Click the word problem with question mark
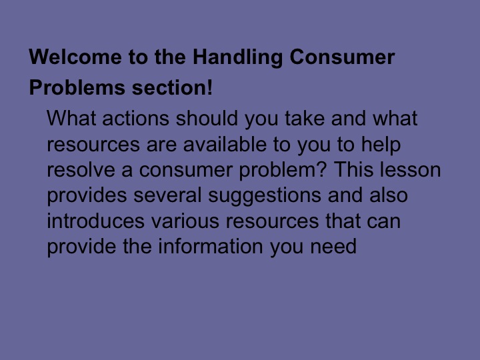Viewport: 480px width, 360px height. pyautogui.click(x=285, y=171)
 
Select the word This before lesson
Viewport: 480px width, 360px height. pyautogui.click(x=354, y=170)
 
